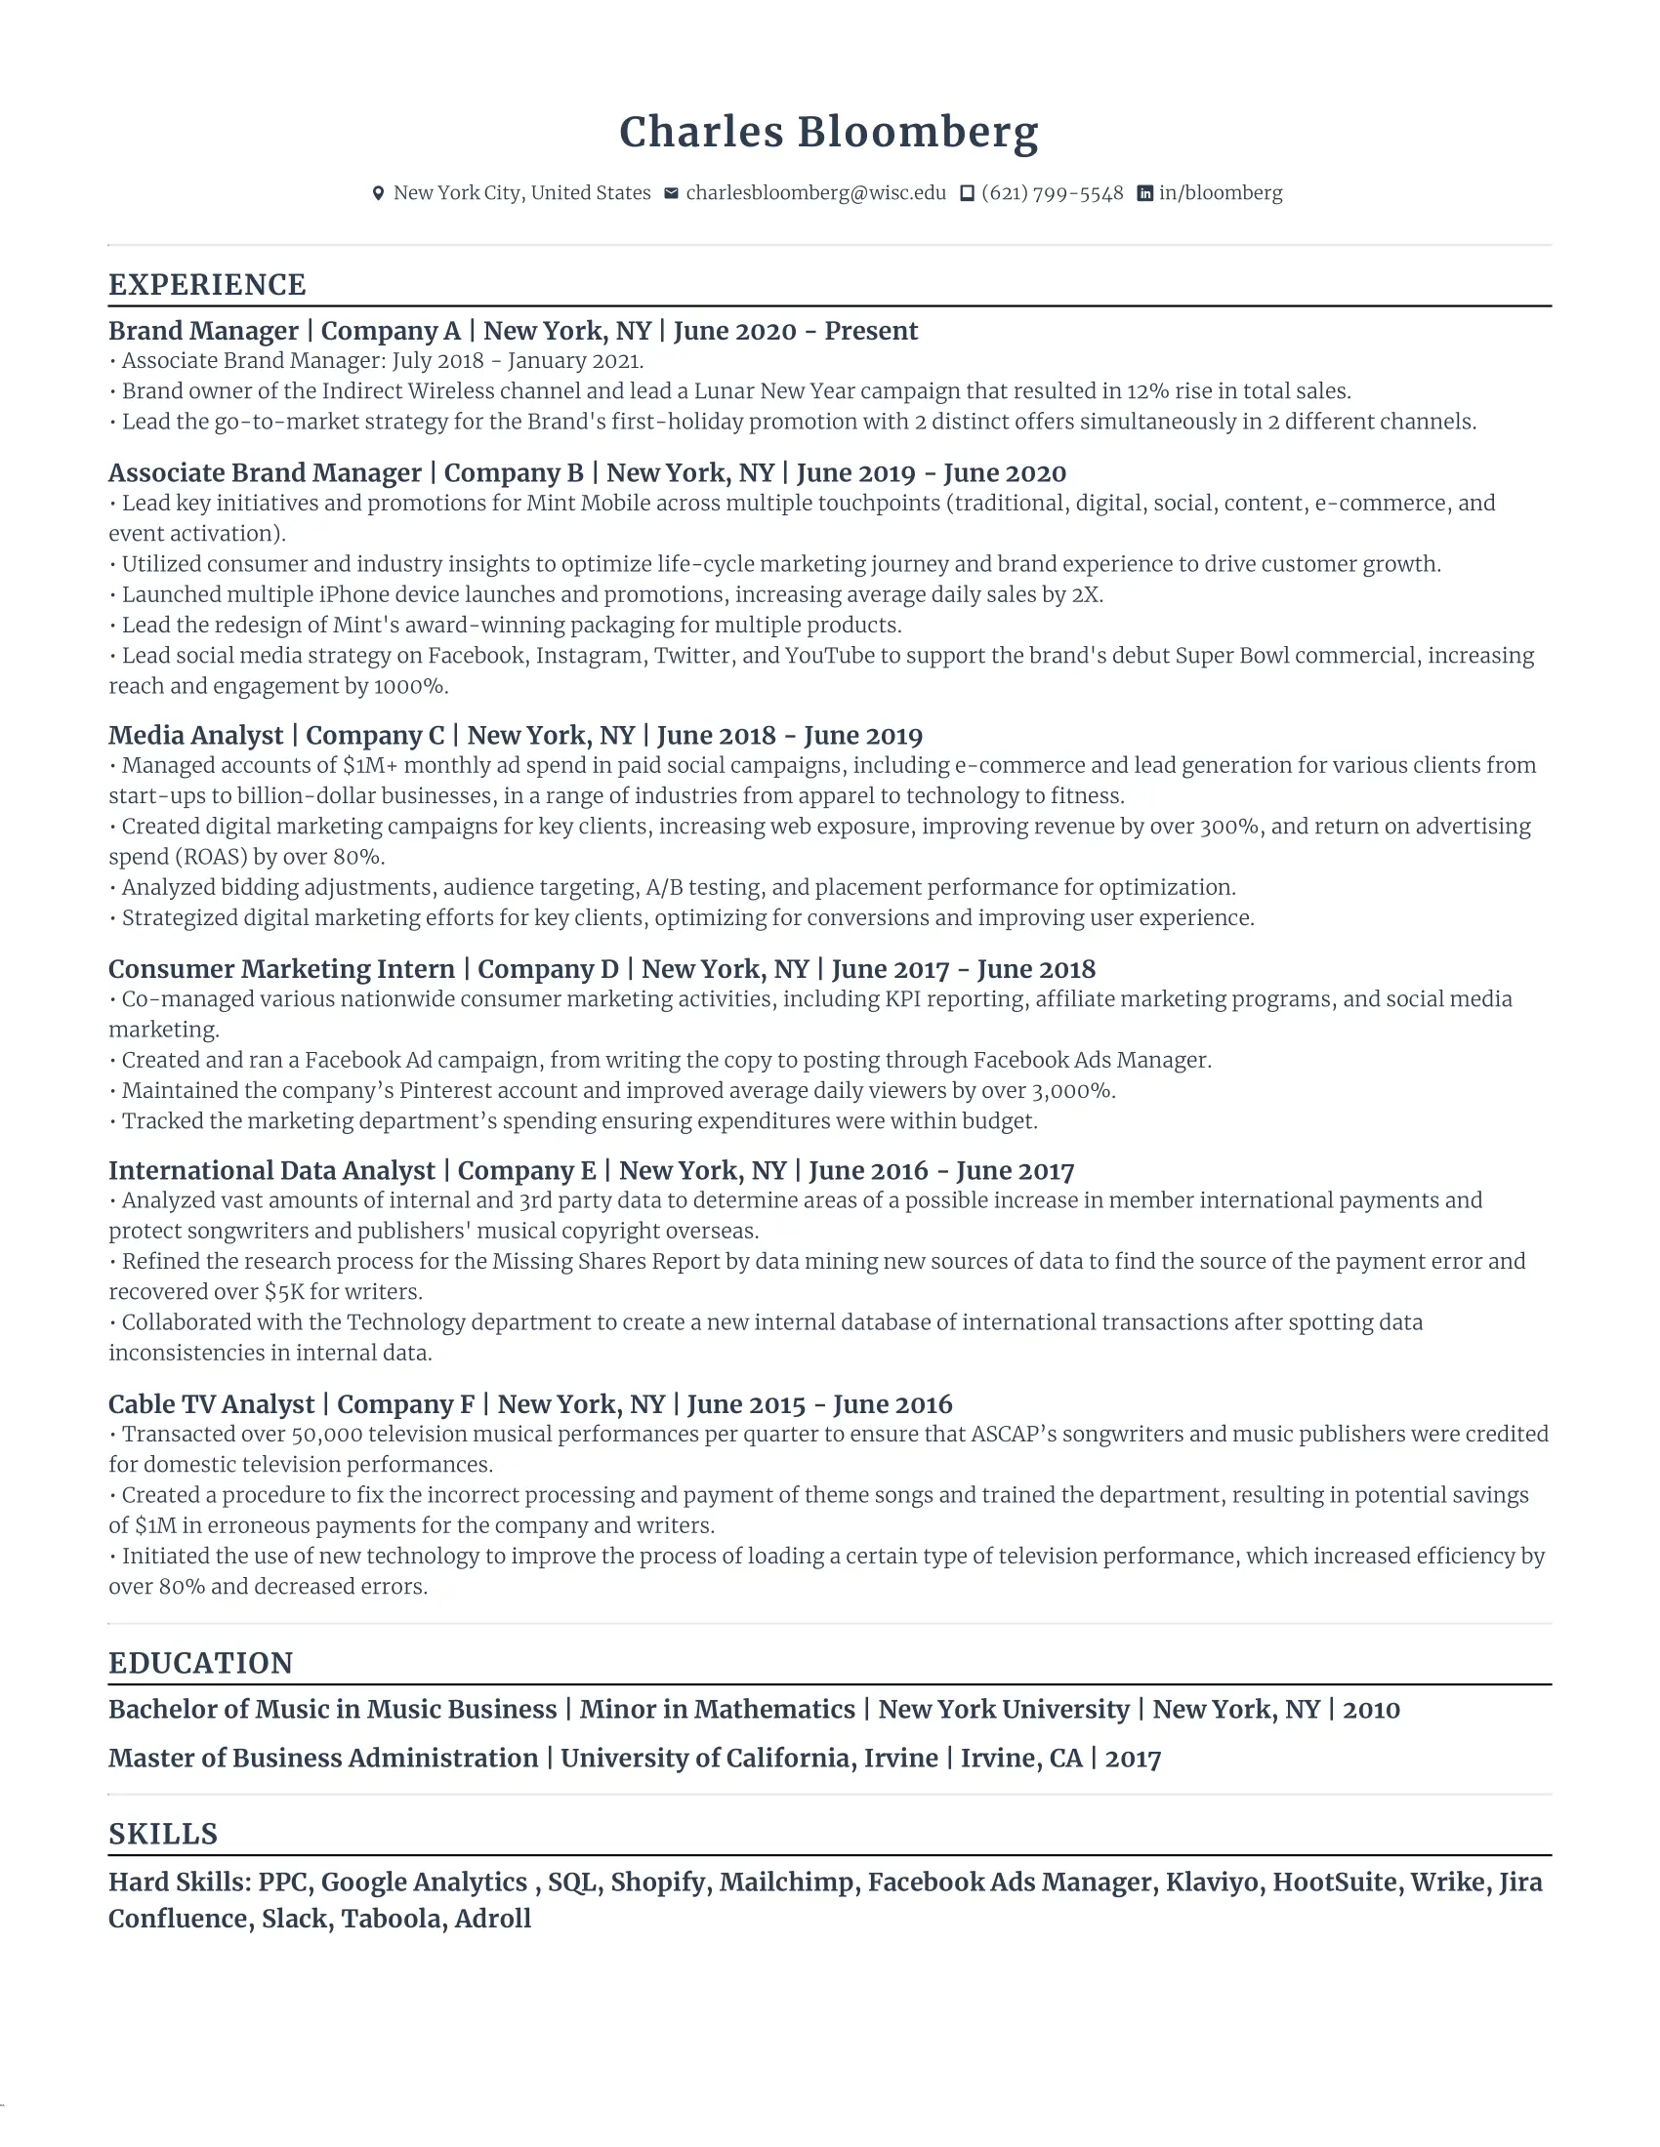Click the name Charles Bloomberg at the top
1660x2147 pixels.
828,133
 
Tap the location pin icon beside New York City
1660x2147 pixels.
378,193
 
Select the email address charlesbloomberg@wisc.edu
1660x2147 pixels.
815,192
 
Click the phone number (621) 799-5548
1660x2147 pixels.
1052,192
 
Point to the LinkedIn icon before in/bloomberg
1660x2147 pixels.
1144,193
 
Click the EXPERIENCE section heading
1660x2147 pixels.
207,285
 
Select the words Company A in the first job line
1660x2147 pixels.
391,331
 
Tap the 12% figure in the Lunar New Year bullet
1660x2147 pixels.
1147,391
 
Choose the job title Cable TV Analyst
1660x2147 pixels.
212,1403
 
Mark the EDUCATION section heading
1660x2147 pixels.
200,1663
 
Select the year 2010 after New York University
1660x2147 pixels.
1371,1710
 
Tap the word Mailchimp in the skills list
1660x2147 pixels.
790,1882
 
